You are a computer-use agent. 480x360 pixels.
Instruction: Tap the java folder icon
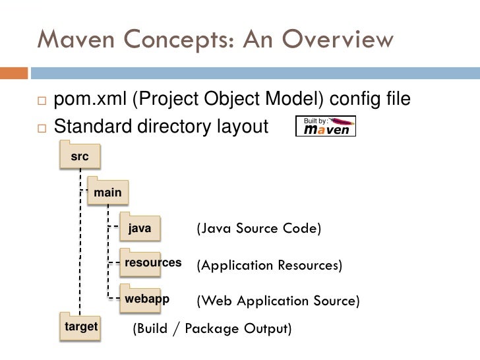tap(140, 228)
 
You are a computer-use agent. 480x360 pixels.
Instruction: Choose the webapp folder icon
tap(146, 298)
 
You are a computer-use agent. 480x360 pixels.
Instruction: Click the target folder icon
tap(80, 326)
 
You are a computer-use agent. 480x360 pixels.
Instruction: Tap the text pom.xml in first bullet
tap(90, 100)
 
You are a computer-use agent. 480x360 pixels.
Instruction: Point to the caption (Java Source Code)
tap(258, 229)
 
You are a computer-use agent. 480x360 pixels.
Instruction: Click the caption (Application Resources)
tap(269, 266)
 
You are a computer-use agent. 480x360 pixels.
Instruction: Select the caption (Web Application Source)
tap(278, 301)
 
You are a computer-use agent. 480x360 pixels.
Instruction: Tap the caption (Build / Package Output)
tap(212, 328)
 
